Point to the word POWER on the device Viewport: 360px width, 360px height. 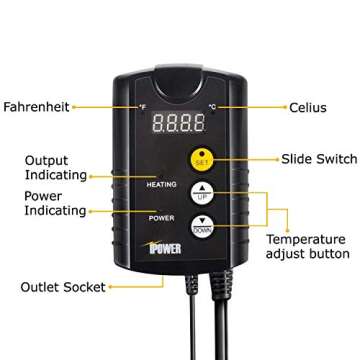[163, 216]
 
